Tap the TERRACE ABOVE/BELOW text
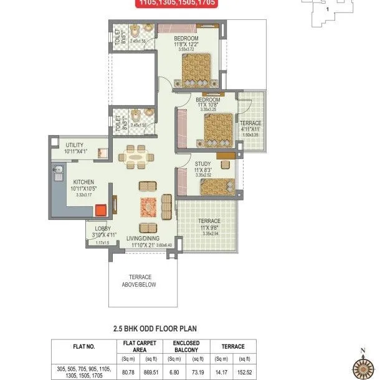(x=140, y=281)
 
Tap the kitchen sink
(x=59, y=169)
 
